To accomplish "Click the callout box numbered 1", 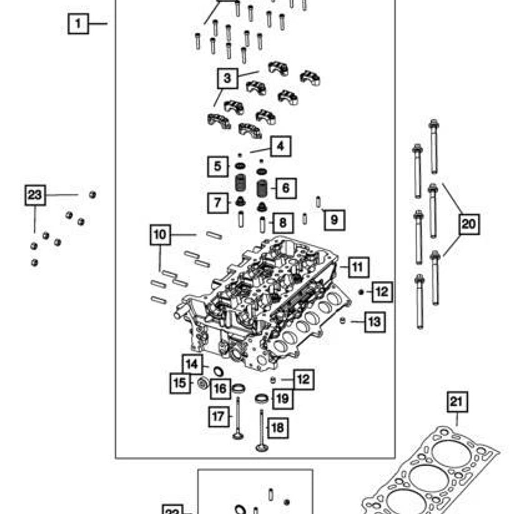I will [x=78, y=23].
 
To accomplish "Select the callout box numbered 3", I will [x=227, y=78].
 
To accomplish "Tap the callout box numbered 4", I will [x=280, y=146].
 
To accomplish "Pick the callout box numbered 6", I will [x=285, y=188].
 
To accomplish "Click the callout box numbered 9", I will [x=334, y=220].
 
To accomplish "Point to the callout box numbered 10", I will [x=160, y=234].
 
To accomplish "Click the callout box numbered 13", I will [x=375, y=321].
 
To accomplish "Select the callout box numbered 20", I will [x=468, y=224].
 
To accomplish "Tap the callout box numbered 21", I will [x=457, y=402].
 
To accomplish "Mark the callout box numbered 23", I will [x=35, y=195].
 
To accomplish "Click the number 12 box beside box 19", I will [x=303, y=379].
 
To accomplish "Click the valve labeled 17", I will [x=238, y=417].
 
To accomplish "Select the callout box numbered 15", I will [x=179, y=383].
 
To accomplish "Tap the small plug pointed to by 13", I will [x=342, y=321].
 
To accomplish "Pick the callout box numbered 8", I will [x=283, y=222].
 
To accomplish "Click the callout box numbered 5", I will [x=217, y=166].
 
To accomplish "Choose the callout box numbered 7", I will [x=217, y=203].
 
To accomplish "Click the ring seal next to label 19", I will [x=261, y=398].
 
